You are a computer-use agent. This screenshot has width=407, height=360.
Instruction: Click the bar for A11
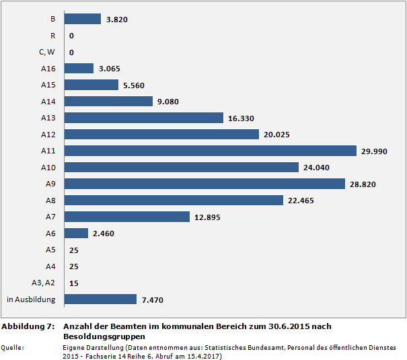211,151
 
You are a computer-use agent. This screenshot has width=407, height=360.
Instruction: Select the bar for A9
205,184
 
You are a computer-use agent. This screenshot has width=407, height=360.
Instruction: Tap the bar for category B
83,20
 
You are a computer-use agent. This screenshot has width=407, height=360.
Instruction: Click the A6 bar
77,233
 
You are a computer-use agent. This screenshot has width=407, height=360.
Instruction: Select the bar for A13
144,118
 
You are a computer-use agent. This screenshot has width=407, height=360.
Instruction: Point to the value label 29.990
375,151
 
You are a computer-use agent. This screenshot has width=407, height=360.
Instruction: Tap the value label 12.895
207,217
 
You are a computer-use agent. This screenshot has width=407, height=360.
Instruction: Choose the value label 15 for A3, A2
74,283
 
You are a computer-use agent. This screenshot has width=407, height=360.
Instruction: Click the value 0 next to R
71,36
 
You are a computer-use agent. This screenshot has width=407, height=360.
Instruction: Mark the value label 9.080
168,102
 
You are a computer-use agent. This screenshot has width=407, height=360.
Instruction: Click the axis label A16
48,69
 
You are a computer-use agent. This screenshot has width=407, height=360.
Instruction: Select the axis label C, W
46,52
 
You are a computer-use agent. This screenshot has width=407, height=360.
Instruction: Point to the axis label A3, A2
44,283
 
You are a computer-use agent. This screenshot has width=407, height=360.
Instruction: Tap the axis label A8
50,200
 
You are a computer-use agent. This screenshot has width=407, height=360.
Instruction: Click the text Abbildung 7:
28,326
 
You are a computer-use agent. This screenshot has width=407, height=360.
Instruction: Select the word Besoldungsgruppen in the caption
104,336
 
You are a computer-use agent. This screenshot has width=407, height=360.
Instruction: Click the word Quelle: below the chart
13,347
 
